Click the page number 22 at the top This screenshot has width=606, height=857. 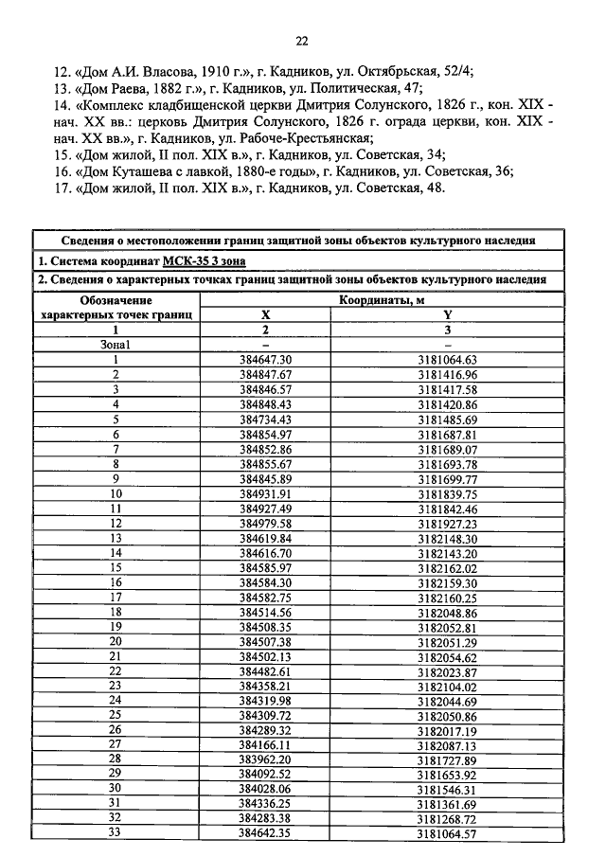[x=302, y=41]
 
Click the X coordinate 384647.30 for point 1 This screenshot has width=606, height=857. [x=265, y=359]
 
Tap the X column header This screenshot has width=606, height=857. [x=265, y=315]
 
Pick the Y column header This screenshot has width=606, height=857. [x=447, y=315]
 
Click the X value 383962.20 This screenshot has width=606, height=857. [x=265, y=759]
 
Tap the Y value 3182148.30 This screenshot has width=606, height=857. [x=447, y=538]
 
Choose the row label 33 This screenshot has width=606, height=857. [x=116, y=832]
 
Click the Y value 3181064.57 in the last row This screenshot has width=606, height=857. [x=447, y=832]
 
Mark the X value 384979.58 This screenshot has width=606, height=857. [x=265, y=523]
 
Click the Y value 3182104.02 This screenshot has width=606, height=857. [x=447, y=685]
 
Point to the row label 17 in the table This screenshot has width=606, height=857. [x=116, y=597]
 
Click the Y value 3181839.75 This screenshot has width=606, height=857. [x=447, y=493]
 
